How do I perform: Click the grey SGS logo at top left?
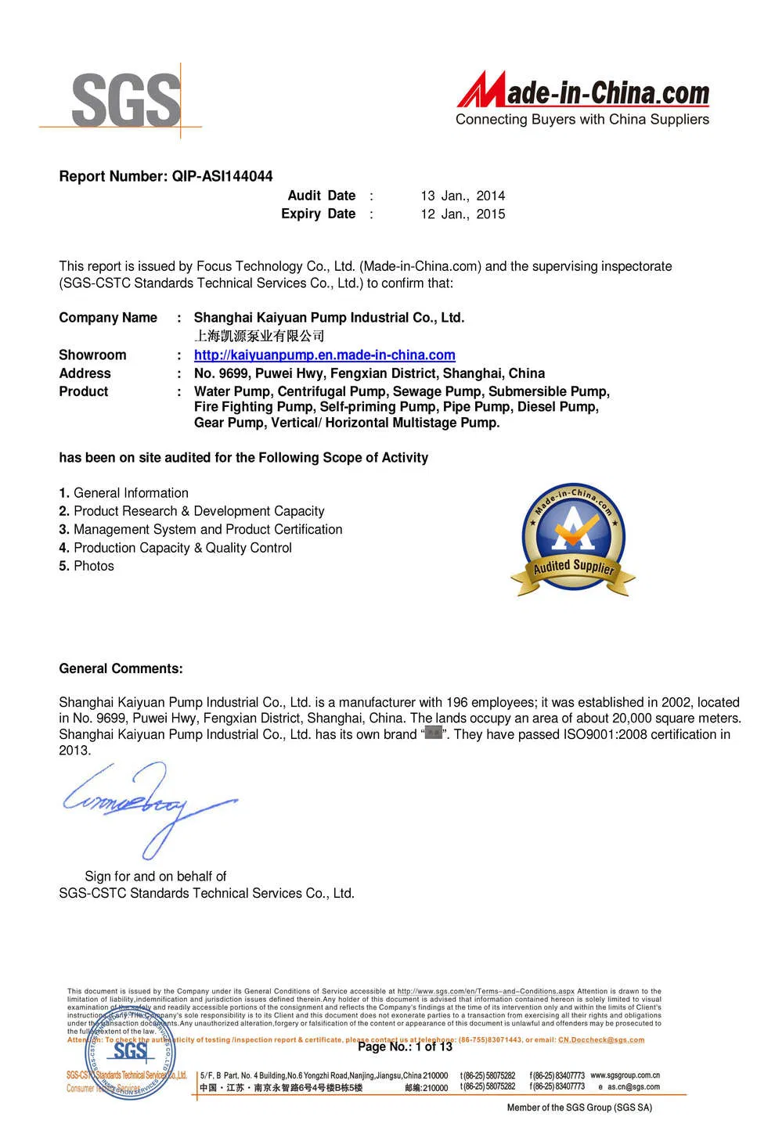125,100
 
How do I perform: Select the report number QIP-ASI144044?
222,176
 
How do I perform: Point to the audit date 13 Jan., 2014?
463,196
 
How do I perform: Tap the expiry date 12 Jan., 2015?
463,214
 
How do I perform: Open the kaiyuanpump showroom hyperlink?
324,355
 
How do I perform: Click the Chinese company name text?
259,336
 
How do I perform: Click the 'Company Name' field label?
108,318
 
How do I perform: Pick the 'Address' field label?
85,373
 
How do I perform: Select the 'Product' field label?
84,391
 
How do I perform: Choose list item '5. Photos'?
86,566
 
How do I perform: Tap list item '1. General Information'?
124,493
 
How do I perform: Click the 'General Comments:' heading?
121,668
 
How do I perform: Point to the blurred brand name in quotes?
434,734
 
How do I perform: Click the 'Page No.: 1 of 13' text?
405,1046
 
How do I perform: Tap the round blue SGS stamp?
130,1053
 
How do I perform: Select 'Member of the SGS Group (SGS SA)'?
579,1107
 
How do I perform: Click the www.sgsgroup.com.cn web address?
625,1075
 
